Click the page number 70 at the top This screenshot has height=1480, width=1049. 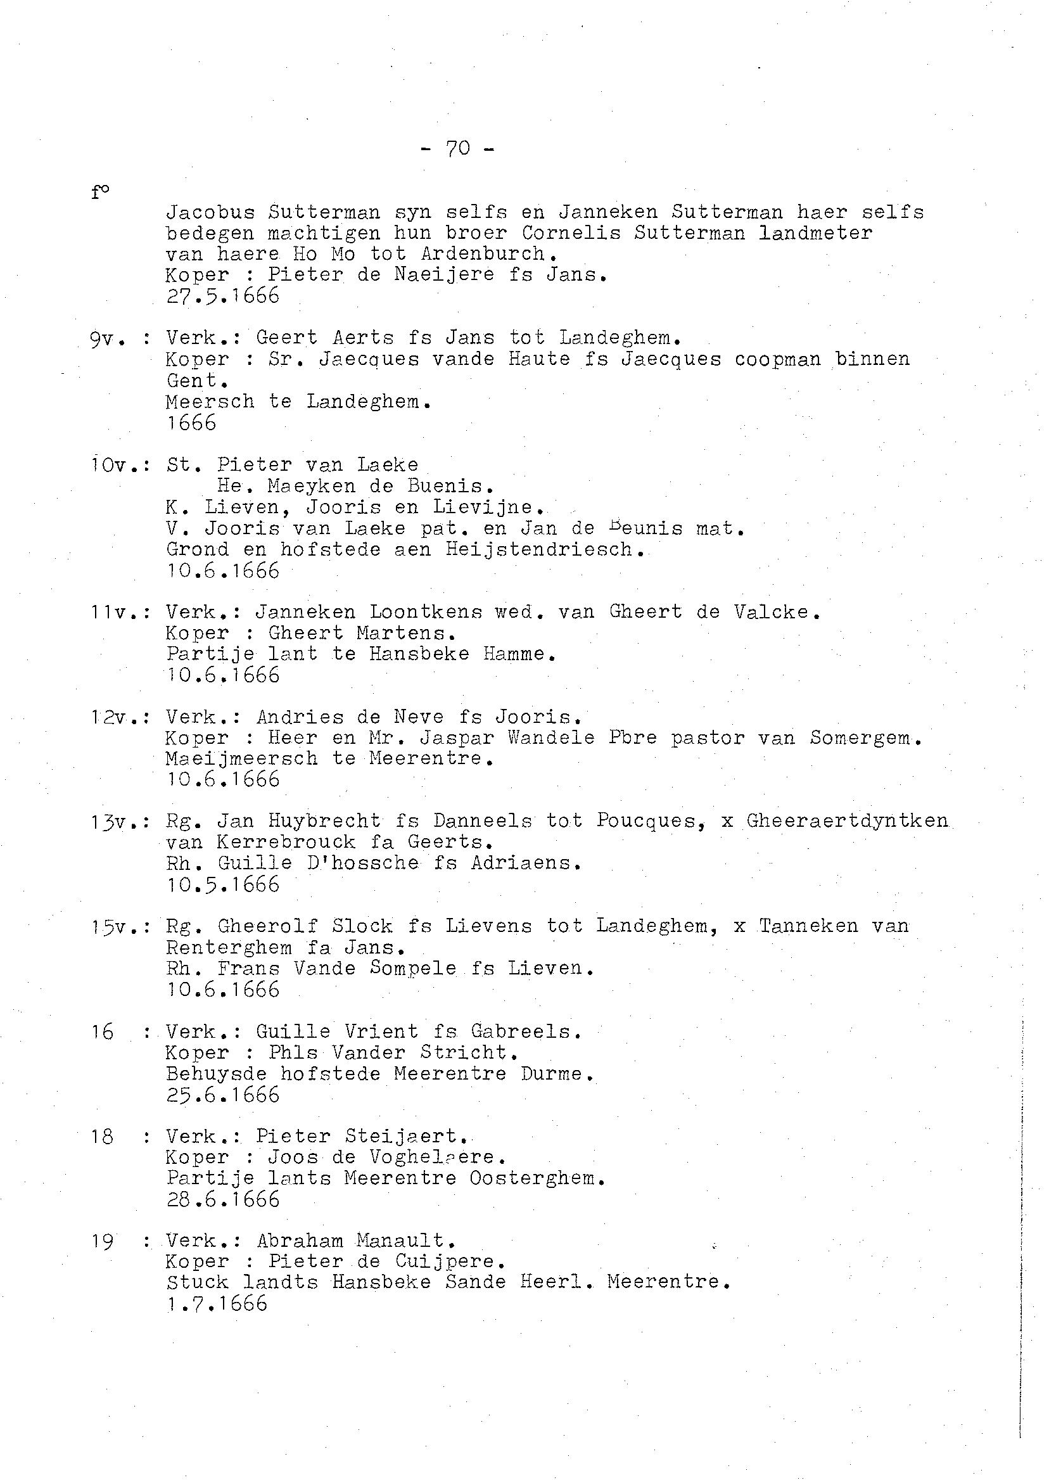[x=457, y=150]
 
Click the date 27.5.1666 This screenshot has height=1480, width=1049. [x=223, y=296]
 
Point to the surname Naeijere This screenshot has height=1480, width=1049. [x=445, y=275]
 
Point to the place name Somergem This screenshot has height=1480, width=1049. [x=864, y=737]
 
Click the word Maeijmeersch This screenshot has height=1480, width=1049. [x=241, y=758]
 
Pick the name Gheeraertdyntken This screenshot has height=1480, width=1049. [x=847, y=821]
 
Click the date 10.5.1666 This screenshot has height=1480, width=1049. [x=223, y=884]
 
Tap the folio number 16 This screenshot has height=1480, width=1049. [x=102, y=1032]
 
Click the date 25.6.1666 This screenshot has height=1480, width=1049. [x=223, y=1095]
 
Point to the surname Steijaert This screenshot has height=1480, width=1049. [x=400, y=1137]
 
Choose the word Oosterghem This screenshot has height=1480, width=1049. [x=537, y=1178]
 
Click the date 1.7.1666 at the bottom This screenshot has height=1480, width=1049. [x=217, y=1303]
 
